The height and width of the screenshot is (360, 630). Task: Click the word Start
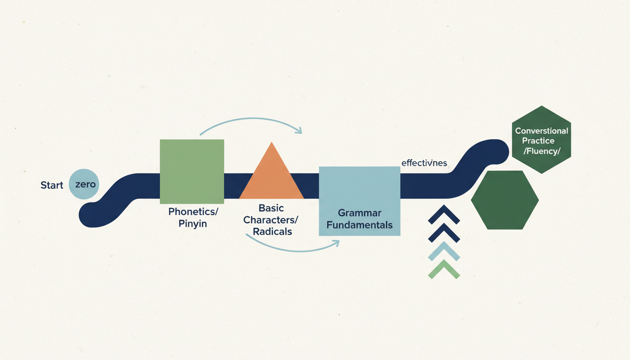[x=52, y=185]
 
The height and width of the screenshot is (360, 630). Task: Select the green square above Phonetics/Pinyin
[x=192, y=171]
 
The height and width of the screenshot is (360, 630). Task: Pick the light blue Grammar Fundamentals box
[x=359, y=201]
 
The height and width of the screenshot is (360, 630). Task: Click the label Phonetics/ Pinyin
[x=193, y=217]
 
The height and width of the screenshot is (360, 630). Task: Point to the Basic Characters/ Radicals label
[x=271, y=219]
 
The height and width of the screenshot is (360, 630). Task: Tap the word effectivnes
[x=424, y=163]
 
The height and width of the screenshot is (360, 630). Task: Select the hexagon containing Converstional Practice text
[x=541, y=140]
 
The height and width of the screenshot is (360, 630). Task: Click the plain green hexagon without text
[x=505, y=200]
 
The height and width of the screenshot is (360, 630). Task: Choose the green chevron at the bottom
[x=444, y=270]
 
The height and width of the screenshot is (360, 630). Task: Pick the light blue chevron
[x=444, y=252]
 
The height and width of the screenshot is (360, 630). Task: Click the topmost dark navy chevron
[x=444, y=215]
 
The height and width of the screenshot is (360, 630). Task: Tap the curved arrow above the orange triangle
[x=251, y=123]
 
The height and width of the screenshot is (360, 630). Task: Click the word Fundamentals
[x=360, y=225]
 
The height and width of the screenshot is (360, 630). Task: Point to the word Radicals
[x=272, y=232]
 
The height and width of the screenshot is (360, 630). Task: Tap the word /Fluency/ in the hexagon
[x=541, y=151]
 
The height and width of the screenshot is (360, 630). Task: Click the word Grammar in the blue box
[x=360, y=213]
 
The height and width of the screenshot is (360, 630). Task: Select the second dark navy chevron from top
[x=444, y=233]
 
